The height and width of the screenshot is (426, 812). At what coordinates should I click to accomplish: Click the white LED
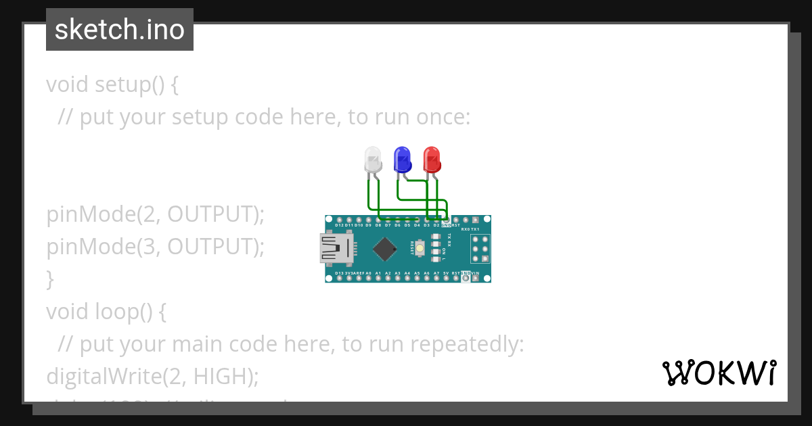click(373, 160)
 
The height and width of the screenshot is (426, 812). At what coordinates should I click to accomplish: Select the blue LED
click(403, 160)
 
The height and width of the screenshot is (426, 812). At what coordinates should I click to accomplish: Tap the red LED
click(432, 160)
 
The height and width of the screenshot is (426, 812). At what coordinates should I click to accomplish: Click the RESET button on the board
click(420, 249)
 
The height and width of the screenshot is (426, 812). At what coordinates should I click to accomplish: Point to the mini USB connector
click(335, 248)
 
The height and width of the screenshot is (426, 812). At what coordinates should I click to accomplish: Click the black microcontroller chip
click(384, 249)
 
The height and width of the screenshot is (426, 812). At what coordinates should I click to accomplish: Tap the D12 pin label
click(339, 225)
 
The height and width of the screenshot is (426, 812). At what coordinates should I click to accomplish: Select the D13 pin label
click(339, 273)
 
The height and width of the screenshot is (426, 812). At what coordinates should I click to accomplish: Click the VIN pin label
click(475, 273)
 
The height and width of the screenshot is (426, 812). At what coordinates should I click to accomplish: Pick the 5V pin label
click(446, 273)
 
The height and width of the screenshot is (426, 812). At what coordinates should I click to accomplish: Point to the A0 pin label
click(369, 273)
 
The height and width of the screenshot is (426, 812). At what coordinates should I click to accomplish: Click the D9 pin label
click(368, 225)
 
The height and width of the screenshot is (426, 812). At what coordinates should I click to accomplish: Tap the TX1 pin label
click(475, 229)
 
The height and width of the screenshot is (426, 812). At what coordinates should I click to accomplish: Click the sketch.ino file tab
click(120, 30)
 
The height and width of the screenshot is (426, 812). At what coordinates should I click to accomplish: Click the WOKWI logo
click(719, 373)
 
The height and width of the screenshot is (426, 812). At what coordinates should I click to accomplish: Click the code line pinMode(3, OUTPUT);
click(155, 247)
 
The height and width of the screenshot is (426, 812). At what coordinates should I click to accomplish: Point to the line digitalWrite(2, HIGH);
click(152, 376)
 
